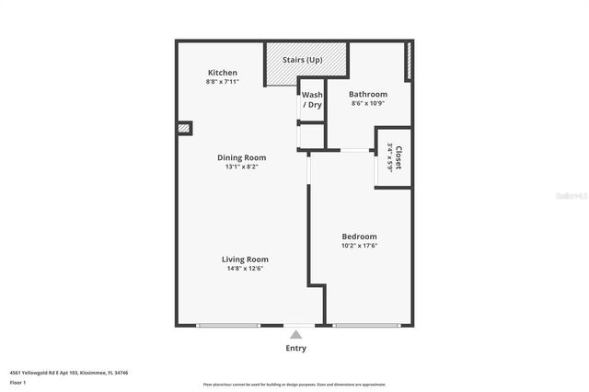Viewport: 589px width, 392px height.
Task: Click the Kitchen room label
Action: pyautogui.click(x=223, y=73)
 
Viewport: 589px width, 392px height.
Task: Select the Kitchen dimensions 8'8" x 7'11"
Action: pyautogui.click(x=223, y=83)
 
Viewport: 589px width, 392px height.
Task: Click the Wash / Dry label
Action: pyautogui.click(x=312, y=99)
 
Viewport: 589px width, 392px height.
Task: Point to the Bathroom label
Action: pyautogui.click(x=368, y=94)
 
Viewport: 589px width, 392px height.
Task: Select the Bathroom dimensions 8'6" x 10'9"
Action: pyautogui.click(x=368, y=104)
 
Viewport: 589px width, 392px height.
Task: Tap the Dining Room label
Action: pyautogui.click(x=241, y=157)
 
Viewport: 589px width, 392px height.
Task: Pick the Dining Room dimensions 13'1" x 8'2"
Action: pyautogui.click(x=241, y=167)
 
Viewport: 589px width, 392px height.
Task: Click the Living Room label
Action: pyautogui.click(x=244, y=259)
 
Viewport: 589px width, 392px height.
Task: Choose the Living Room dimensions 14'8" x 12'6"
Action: pyautogui.click(x=244, y=270)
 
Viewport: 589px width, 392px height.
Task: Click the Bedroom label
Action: pyautogui.click(x=359, y=236)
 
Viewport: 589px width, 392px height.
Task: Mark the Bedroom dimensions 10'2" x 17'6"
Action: pyautogui.click(x=359, y=247)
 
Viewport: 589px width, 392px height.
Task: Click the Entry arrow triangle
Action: pyautogui.click(x=295, y=335)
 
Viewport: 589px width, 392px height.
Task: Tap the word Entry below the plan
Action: pyautogui.click(x=295, y=348)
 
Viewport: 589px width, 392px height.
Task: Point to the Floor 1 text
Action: pyautogui.click(x=18, y=382)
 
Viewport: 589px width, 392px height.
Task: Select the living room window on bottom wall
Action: pyautogui.click(x=228, y=325)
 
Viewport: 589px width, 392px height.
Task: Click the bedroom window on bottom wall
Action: pyautogui.click(x=368, y=325)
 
